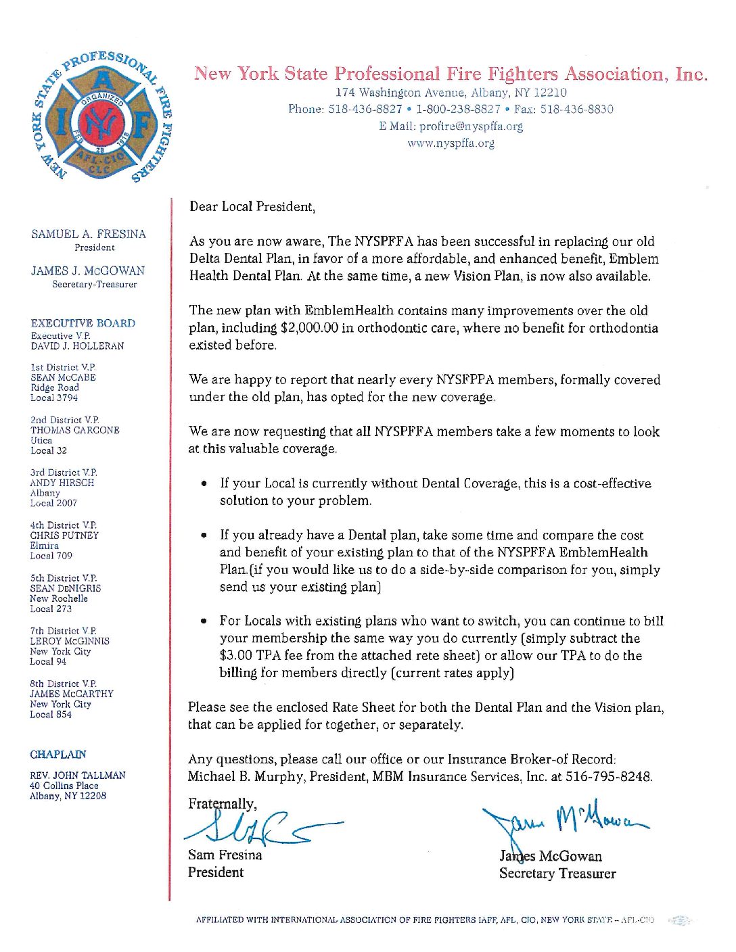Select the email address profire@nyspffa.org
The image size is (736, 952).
(471, 126)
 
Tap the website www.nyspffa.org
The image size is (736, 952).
(451, 143)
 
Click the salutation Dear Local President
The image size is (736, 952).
(252, 207)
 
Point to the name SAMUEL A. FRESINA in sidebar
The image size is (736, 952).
(89, 234)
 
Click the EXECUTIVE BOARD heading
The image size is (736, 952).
(83, 323)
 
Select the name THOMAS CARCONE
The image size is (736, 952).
(75, 430)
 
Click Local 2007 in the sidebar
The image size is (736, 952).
(53, 503)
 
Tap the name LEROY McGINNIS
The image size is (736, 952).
(70, 641)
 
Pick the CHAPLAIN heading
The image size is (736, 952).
(58, 755)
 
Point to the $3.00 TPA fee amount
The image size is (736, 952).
(236, 656)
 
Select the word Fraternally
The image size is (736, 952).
(222, 804)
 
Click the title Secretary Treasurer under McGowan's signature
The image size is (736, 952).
(557, 874)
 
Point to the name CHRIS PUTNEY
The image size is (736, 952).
(64, 535)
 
